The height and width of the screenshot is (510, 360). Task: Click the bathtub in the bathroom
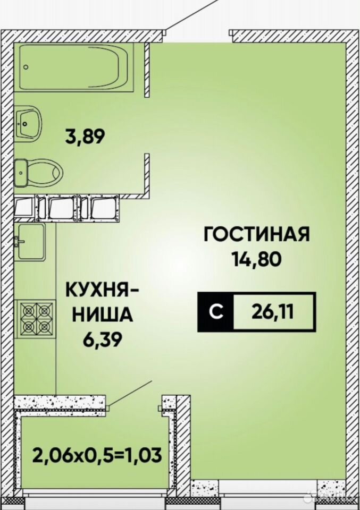(x=77, y=67)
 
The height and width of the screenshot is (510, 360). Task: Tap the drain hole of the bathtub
(x=26, y=67)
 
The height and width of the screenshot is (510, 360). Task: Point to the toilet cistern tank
(x=21, y=173)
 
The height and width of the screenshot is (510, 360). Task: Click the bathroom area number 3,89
(x=85, y=137)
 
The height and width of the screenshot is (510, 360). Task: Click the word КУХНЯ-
(x=101, y=290)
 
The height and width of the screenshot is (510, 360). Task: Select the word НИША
(x=103, y=314)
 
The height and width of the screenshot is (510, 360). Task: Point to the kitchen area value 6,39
(x=102, y=339)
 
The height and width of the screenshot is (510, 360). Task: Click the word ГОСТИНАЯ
(x=256, y=234)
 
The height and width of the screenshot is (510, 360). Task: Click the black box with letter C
(x=216, y=312)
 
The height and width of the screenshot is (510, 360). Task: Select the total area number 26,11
(x=272, y=312)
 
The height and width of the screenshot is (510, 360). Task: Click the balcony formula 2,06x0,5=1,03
(x=97, y=454)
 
